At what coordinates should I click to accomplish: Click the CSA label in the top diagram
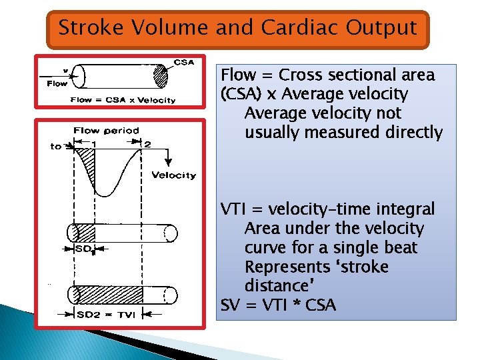coord(184,62)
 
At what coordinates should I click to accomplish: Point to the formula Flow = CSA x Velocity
coord(123,100)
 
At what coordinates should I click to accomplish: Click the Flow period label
coord(106,131)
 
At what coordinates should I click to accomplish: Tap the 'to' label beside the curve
coord(56,146)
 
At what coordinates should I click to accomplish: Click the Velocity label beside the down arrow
coord(173,175)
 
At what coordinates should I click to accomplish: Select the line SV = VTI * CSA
coord(278,305)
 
